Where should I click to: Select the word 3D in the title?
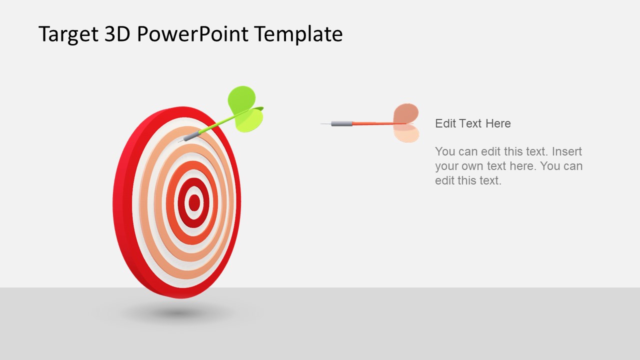pyautogui.click(x=117, y=34)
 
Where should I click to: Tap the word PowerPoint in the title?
pyautogui.click(x=192, y=34)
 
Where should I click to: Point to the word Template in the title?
pyautogui.click(x=298, y=34)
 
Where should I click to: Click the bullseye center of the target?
pyautogui.click(x=194, y=202)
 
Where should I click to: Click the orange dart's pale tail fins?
pyautogui.click(x=405, y=123)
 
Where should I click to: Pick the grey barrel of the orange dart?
pyautogui.click(x=341, y=123)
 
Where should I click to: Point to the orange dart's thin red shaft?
pyautogui.click(x=372, y=123)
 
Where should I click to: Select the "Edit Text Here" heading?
pyautogui.click(x=473, y=123)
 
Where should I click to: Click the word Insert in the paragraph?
pyautogui.click(x=567, y=151)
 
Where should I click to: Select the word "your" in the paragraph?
pyautogui.click(x=446, y=166)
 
